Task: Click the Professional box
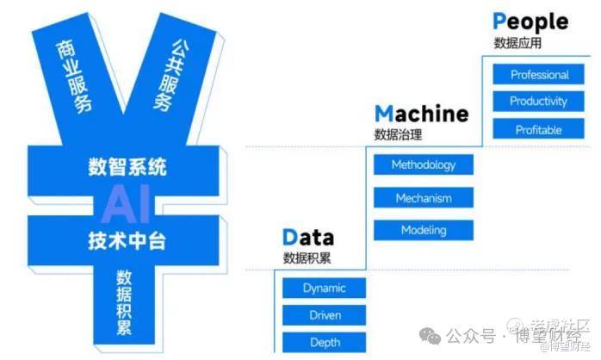tap(539, 74)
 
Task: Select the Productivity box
tap(539, 102)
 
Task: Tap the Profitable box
tap(539, 130)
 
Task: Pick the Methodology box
tap(423, 164)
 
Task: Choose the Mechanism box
tap(423, 198)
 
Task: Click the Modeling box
tap(423, 230)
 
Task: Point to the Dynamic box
tap(325, 289)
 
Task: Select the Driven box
tap(325, 315)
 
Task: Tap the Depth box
tap(325, 343)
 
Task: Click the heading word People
tap(530, 22)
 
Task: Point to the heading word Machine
tap(421, 114)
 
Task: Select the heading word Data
tap(307, 238)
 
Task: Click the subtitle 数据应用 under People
tap(517, 42)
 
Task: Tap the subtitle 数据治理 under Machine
tap(399, 134)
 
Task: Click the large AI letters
tap(127, 202)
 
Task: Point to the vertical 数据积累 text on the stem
tap(125, 301)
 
